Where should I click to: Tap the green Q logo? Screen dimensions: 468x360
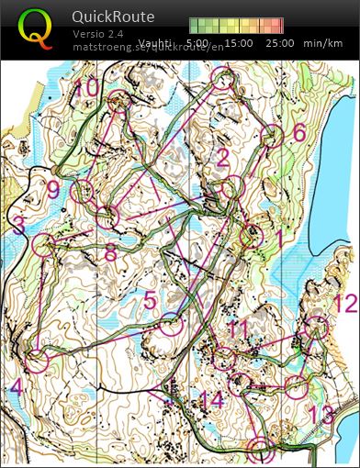click(35, 28)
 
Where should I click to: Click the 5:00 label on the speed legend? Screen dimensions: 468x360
click(197, 43)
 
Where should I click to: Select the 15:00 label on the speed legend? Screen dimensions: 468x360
click(239, 43)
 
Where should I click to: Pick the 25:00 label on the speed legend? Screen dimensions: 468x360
click(279, 43)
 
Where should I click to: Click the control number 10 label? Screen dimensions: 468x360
click(86, 88)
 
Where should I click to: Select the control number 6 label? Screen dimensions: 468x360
click(298, 132)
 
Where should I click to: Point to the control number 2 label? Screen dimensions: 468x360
click(221, 158)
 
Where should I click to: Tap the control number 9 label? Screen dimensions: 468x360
click(52, 190)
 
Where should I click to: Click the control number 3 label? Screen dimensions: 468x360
click(18, 225)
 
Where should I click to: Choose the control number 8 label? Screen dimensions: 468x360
click(110, 252)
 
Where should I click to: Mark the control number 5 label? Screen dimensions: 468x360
click(151, 300)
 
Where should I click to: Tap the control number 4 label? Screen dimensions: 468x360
click(16, 387)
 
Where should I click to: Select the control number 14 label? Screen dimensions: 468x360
click(211, 399)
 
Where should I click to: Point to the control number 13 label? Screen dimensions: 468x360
click(321, 414)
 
